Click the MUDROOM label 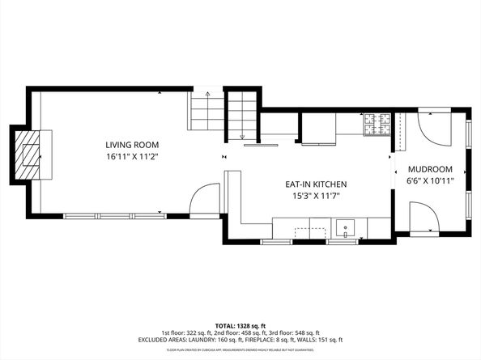pos(429,169)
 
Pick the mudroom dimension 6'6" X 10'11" pos(429,180)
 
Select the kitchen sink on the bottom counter pos(346,228)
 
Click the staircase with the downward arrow pos(240,115)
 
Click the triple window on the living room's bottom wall pos(113,215)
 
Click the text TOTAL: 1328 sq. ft pos(240,324)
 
